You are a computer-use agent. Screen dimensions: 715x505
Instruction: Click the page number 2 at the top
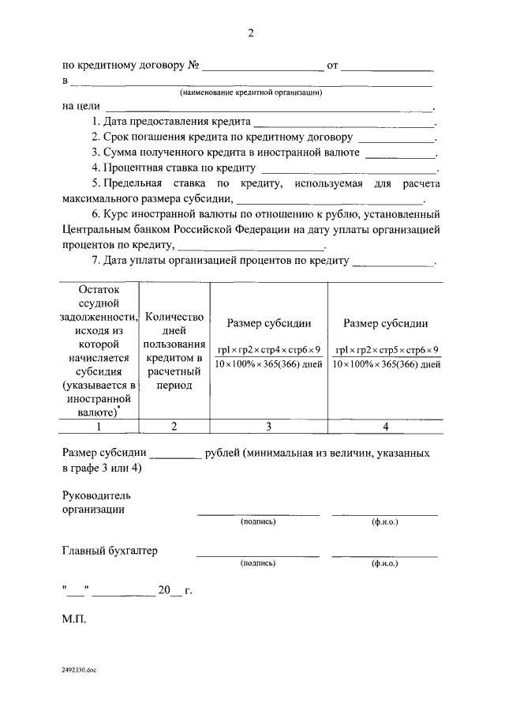pyautogui.click(x=251, y=32)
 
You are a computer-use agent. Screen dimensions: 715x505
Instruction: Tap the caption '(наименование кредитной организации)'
pyautogui.click(x=252, y=92)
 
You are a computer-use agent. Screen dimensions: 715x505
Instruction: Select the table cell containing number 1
pyautogui.click(x=99, y=427)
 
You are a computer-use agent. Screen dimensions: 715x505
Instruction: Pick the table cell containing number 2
pyautogui.click(x=174, y=427)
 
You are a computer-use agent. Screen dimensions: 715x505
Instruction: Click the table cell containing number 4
pyautogui.click(x=386, y=427)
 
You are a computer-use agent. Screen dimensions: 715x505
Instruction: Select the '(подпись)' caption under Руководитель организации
pyautogui.click(x=258, y=522)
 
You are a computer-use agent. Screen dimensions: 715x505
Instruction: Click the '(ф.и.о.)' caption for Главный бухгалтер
pyautogui.click(x=384, y=563)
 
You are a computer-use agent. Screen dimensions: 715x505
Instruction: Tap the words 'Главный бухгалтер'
pyautogui.click(x=109, y=551)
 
